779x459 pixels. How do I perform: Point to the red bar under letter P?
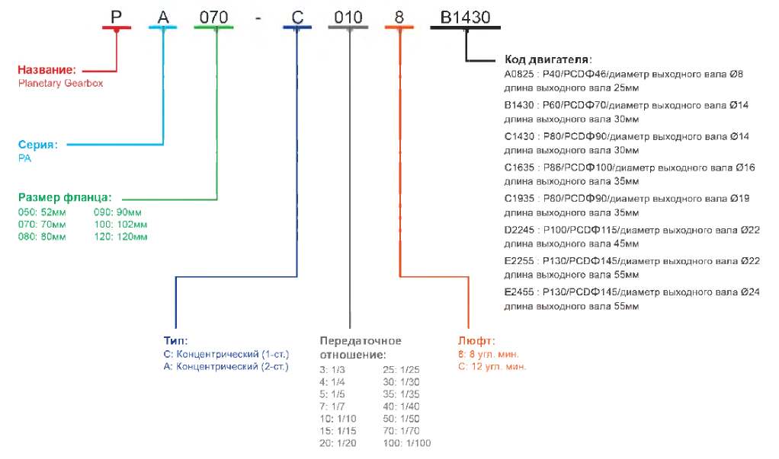pyautogui.click(x=117, y=27)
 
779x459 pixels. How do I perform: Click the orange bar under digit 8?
pyautogui.click(x=399, y=27)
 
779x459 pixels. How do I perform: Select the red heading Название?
pyautogui.click(x=48, y=71)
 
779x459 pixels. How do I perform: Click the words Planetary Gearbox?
pyautogui.click(x=60, y=84)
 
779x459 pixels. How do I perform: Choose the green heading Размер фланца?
pyautogui.click(x=65, y=198)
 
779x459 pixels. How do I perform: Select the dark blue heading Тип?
pyautogui.click(x=175, y=340)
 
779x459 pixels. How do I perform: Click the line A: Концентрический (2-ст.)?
pyautogui.click(x=226, y=366)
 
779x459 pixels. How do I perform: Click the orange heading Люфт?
pyautogui.click(x=476, y=340)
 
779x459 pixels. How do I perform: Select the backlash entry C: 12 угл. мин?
pyautogui.click(x=492, y=366)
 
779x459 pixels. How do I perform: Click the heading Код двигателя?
pyautogui.click(x=549, y=59)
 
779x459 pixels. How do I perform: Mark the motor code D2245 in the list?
pyautogui.click(x=520, y=229)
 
